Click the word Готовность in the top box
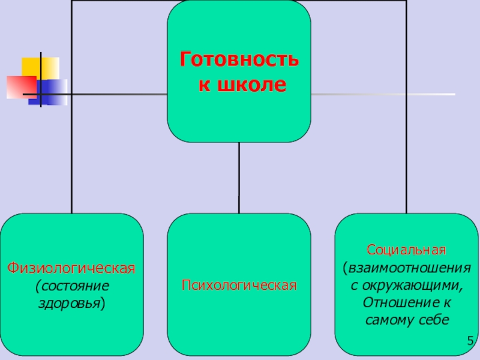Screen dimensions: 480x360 pos(239,61)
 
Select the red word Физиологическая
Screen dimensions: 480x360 pos(71,266)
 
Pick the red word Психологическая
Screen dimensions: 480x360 pos(239,284)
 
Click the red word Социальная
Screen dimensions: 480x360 pos(406,249)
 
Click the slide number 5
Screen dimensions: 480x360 pos(470,342)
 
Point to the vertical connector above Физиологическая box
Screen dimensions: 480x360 pos(71,150)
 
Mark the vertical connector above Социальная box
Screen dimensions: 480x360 pos(406,150)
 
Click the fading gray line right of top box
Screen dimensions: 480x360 pos(384,94)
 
